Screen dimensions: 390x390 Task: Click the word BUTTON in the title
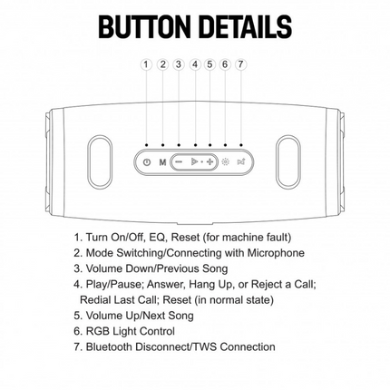point(144,26)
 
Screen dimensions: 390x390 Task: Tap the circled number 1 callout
point(146,64)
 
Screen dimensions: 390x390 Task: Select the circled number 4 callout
point(195,64)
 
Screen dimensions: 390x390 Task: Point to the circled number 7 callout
point(240,64)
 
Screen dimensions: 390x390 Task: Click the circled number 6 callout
point(225,64)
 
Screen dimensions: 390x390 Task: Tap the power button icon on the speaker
point(147,162)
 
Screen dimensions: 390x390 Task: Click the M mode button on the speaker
point(162,162)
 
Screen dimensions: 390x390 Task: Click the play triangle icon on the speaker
point(194,162)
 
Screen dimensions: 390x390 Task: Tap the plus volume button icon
point(210,162)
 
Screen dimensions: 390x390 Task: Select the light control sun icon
point(225,162)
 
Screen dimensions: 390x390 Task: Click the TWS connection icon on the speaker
point(241,162)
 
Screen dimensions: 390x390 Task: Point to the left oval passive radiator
point(100,161)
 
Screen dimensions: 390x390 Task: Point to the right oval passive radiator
point(288,161)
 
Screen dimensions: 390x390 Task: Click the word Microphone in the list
point(276,253)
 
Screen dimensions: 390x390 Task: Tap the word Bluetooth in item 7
point(109,346)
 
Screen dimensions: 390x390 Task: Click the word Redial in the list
point(95,300)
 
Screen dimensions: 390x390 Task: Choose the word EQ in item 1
point(158,238)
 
